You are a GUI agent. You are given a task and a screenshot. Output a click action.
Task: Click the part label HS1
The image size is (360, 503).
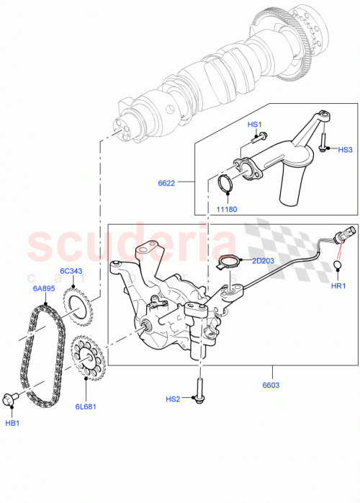coord(255,125)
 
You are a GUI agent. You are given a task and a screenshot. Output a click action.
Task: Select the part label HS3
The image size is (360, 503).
coord(346,150)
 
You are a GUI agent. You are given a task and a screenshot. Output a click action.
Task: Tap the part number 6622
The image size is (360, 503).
coord(167,184)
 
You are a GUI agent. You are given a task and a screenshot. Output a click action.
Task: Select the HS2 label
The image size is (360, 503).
coord(174,399)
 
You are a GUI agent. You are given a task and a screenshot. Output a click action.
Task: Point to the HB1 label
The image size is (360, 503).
coord(12,422)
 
